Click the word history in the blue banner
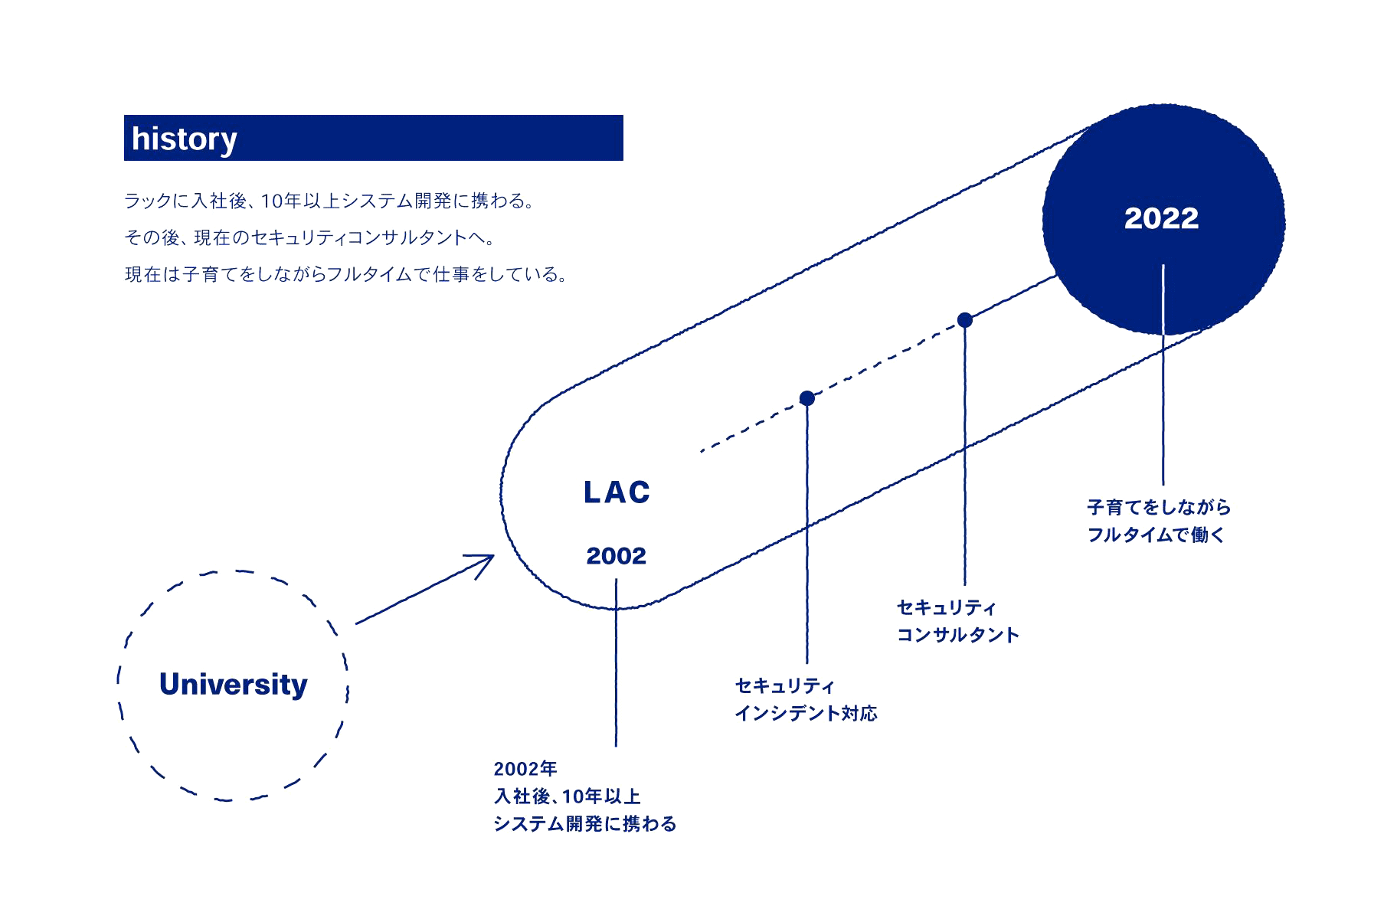pos(184,139)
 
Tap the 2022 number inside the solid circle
pos(1161,219)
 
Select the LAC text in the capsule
pos(617,492)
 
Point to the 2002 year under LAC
pos(616,556)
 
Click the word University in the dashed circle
pos(233,685)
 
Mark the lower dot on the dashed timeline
pos(806,398)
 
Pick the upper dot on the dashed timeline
pos(965,320)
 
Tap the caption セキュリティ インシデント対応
pos(806,699)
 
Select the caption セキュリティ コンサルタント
pos(957,621)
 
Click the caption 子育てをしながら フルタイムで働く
pos(1158,521)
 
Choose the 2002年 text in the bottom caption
pos(525,769)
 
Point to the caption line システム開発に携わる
pos(585,824)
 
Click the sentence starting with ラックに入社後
pos(329,201)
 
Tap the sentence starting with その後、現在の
pos(310,237)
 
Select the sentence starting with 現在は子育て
pos(346,274)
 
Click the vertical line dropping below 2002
pos(616,662)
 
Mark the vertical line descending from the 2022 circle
pos(1163,374)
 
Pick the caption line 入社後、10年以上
pos(568,796)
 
